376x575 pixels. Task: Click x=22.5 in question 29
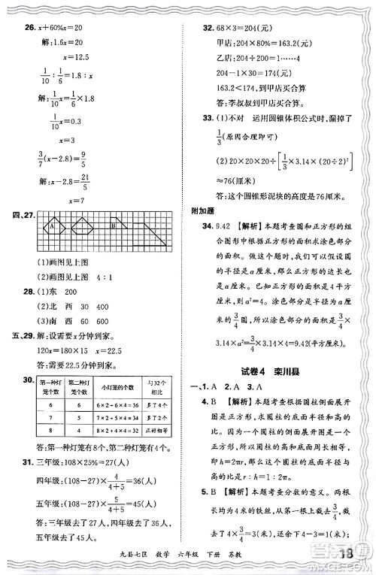coord(111,351)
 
